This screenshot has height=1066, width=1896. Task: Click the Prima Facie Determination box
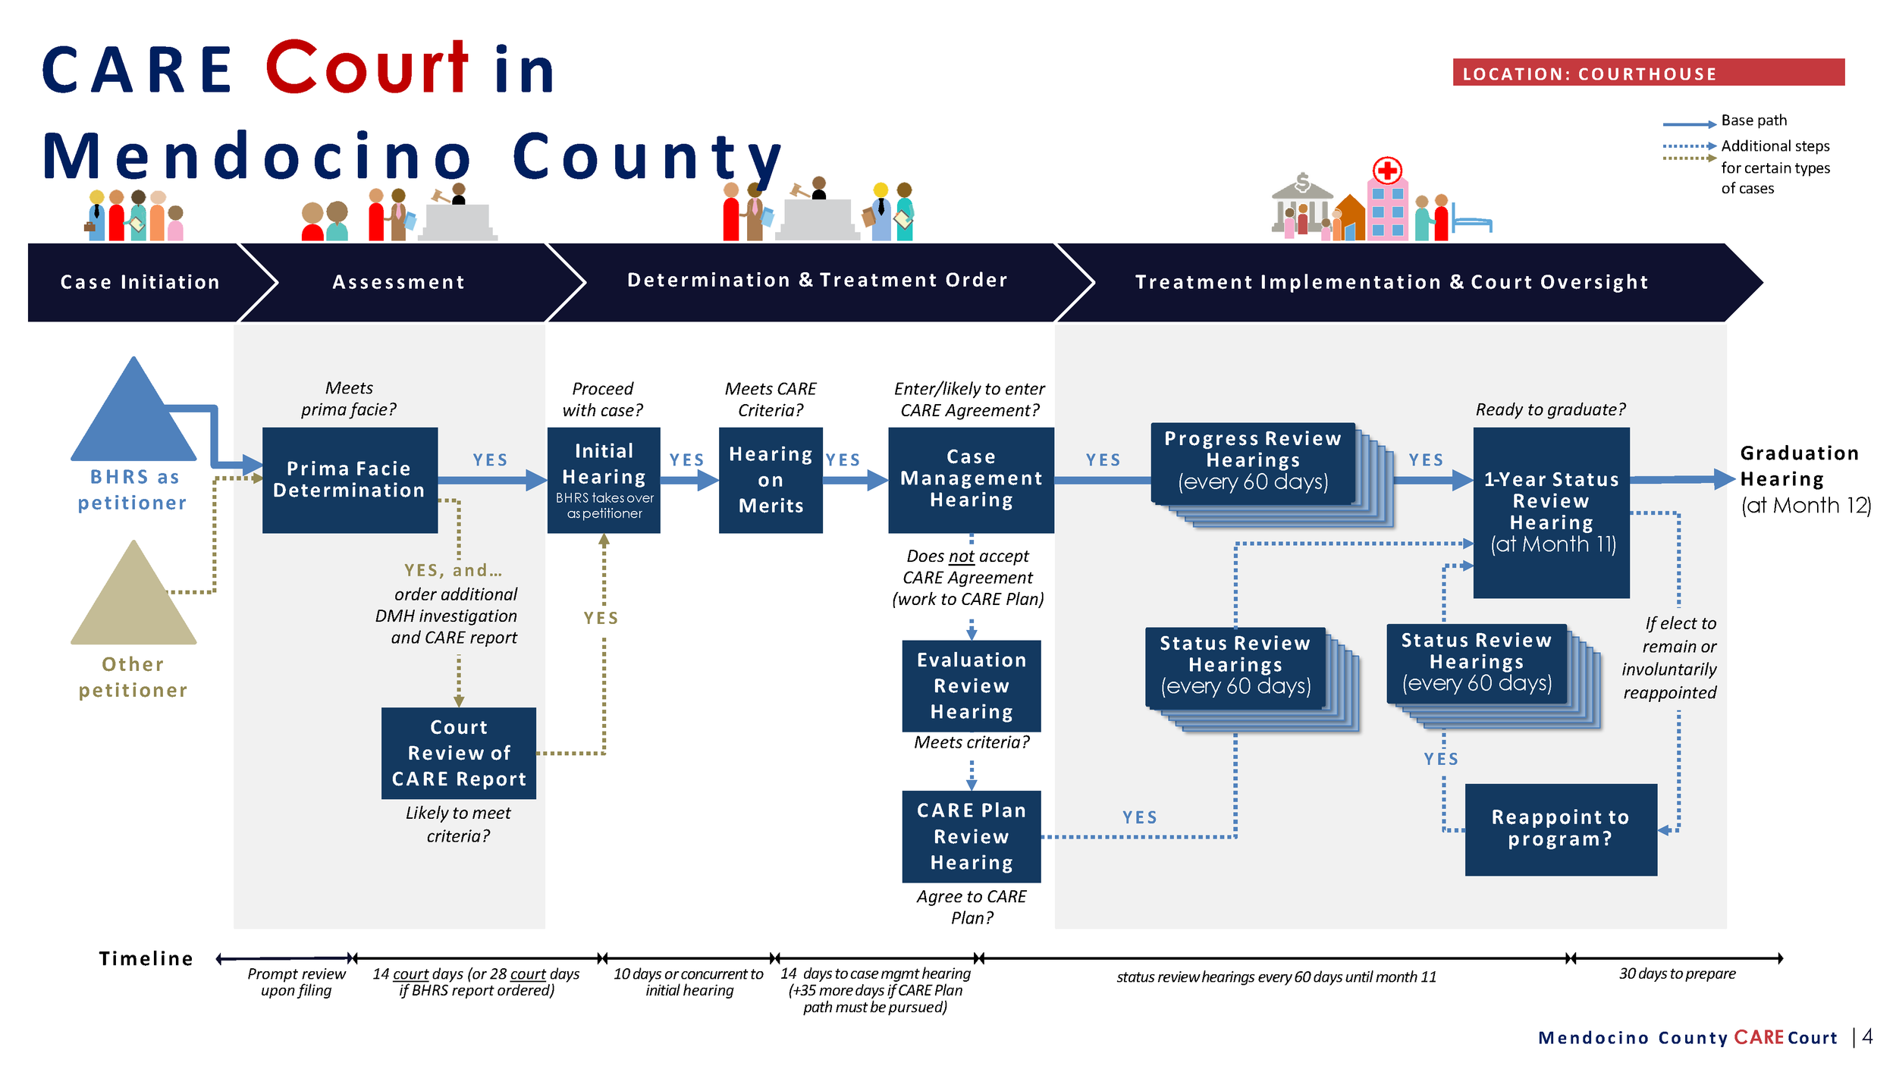[x=350, y=480]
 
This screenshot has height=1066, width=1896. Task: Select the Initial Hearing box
[x=604, y=480]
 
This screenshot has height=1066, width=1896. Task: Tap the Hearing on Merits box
[x=771, y=480]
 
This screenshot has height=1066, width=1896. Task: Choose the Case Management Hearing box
[x=971, y=480]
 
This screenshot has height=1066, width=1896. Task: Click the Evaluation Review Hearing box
[x=971, y=685]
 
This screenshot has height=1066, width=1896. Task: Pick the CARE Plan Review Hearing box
[x=971, y=836]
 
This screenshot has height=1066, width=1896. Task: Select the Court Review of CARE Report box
[x=459, y=753]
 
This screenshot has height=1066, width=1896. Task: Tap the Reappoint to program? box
[x=1561, y=829]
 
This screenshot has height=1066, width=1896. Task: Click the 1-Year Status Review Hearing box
[x=1551, y=512]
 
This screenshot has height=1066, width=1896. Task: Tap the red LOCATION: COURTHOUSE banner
[x=1648, y=73]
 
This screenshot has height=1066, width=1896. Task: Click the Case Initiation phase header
[x=140, y=282]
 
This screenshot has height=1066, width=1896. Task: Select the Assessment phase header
[x=398, y=282]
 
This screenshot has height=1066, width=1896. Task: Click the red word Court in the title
[x=367, y=68]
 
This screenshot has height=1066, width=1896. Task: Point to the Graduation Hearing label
[x=1799, y=466]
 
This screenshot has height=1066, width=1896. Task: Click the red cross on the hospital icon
[x=1387, y=171]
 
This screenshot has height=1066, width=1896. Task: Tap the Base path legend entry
[x=1753, y=121]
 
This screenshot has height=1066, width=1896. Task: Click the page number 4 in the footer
[x=1867, y=1036]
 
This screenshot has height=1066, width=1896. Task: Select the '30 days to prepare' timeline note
[x=1677, y=974]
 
